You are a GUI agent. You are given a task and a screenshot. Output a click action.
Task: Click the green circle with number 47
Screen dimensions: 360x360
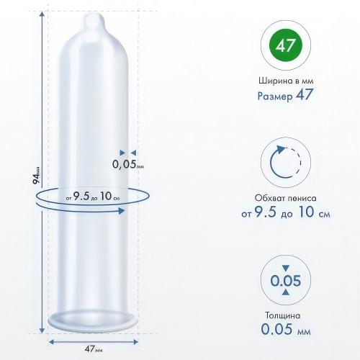[x=286, y=45]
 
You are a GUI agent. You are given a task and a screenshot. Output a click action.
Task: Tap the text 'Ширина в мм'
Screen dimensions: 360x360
[x=286, y=81]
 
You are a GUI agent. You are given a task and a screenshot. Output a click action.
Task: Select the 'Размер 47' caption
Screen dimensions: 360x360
[x=285, y=95]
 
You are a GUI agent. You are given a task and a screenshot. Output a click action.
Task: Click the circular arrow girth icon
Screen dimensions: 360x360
[x=285, y=162]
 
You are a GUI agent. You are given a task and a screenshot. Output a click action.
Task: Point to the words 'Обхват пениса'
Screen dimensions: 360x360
[x=285, y=198]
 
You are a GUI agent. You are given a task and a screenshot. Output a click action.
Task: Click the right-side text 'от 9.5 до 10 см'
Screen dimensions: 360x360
[x=286, y=212]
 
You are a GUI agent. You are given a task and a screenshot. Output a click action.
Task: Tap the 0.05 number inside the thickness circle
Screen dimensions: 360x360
[x=286, y=280]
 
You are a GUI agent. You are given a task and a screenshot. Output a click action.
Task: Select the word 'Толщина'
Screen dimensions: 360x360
[x=283, y=315]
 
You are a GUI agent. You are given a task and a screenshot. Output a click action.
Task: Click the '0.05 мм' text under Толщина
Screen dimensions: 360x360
[x=286, y=329]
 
